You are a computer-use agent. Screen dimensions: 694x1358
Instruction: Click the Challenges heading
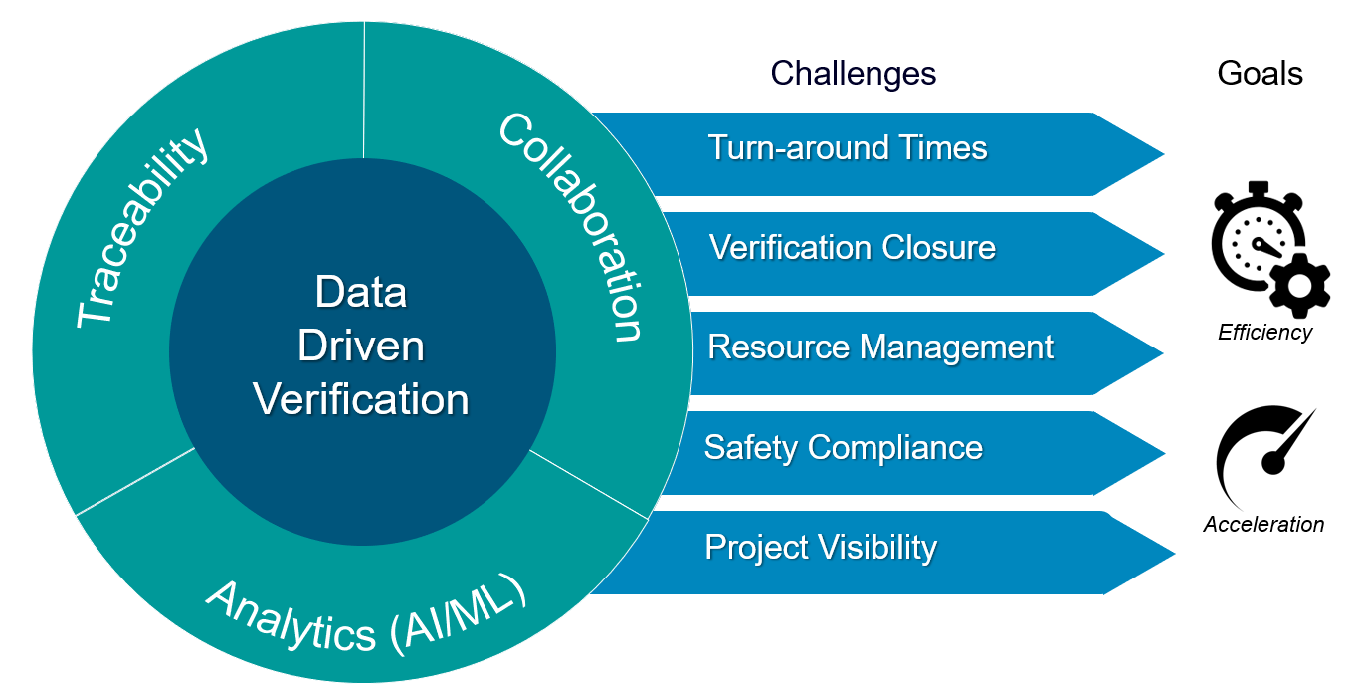point(853,73)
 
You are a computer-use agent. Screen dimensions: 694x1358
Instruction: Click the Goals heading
point(1260,73)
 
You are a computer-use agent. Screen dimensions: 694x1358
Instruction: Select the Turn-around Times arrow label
point(848,148)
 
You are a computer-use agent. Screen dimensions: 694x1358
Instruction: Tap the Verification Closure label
point(853,248)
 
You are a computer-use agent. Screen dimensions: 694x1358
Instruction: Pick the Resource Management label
point(880,347)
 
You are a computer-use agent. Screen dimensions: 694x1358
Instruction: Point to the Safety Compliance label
point(844,447)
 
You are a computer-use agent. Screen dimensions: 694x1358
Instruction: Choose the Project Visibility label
point(821,547)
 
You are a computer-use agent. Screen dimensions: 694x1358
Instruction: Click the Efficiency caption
point(1264,333)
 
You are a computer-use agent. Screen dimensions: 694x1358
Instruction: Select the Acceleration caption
point(1263,525)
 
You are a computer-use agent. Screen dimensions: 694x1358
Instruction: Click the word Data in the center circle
point(361,293)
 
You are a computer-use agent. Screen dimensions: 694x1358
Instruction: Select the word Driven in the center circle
point(361,347)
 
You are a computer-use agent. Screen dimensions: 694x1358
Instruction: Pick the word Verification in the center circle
point(361,400)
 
